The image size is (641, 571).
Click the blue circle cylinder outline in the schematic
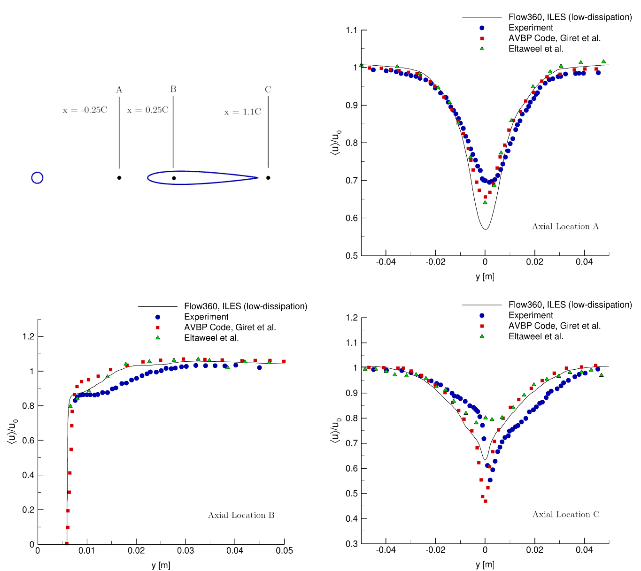tap(37, 178)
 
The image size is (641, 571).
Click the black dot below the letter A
tap(119, 178)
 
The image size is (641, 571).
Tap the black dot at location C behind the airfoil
tap(268, 178)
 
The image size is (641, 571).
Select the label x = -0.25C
tap(85, 110)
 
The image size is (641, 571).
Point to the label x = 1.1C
tap(242, 112)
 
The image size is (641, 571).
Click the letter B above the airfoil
tap(173, 89)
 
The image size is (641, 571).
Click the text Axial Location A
tap(565, 227)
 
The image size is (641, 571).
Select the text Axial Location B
tap(241, 515)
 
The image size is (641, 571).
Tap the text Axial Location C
tap(565, 515)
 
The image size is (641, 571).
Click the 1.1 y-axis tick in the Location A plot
tap(351, 30)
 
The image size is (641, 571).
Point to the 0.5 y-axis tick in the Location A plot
tap(351, 256)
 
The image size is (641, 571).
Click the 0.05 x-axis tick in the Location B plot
tap(284, 550)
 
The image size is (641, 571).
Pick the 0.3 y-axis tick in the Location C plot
tap(351, 544)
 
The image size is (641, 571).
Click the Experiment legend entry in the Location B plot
tap(206, 317)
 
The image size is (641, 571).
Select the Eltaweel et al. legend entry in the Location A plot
tap(536, 49)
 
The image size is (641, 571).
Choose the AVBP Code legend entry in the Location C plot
tap(554, 326)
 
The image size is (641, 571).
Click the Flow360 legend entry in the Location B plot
tap(246, 306)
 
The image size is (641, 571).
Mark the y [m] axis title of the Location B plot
tap(161, 565)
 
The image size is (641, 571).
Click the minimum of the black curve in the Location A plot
tap(486, 229)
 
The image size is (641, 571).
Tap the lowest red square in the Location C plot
tap(486, 501)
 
